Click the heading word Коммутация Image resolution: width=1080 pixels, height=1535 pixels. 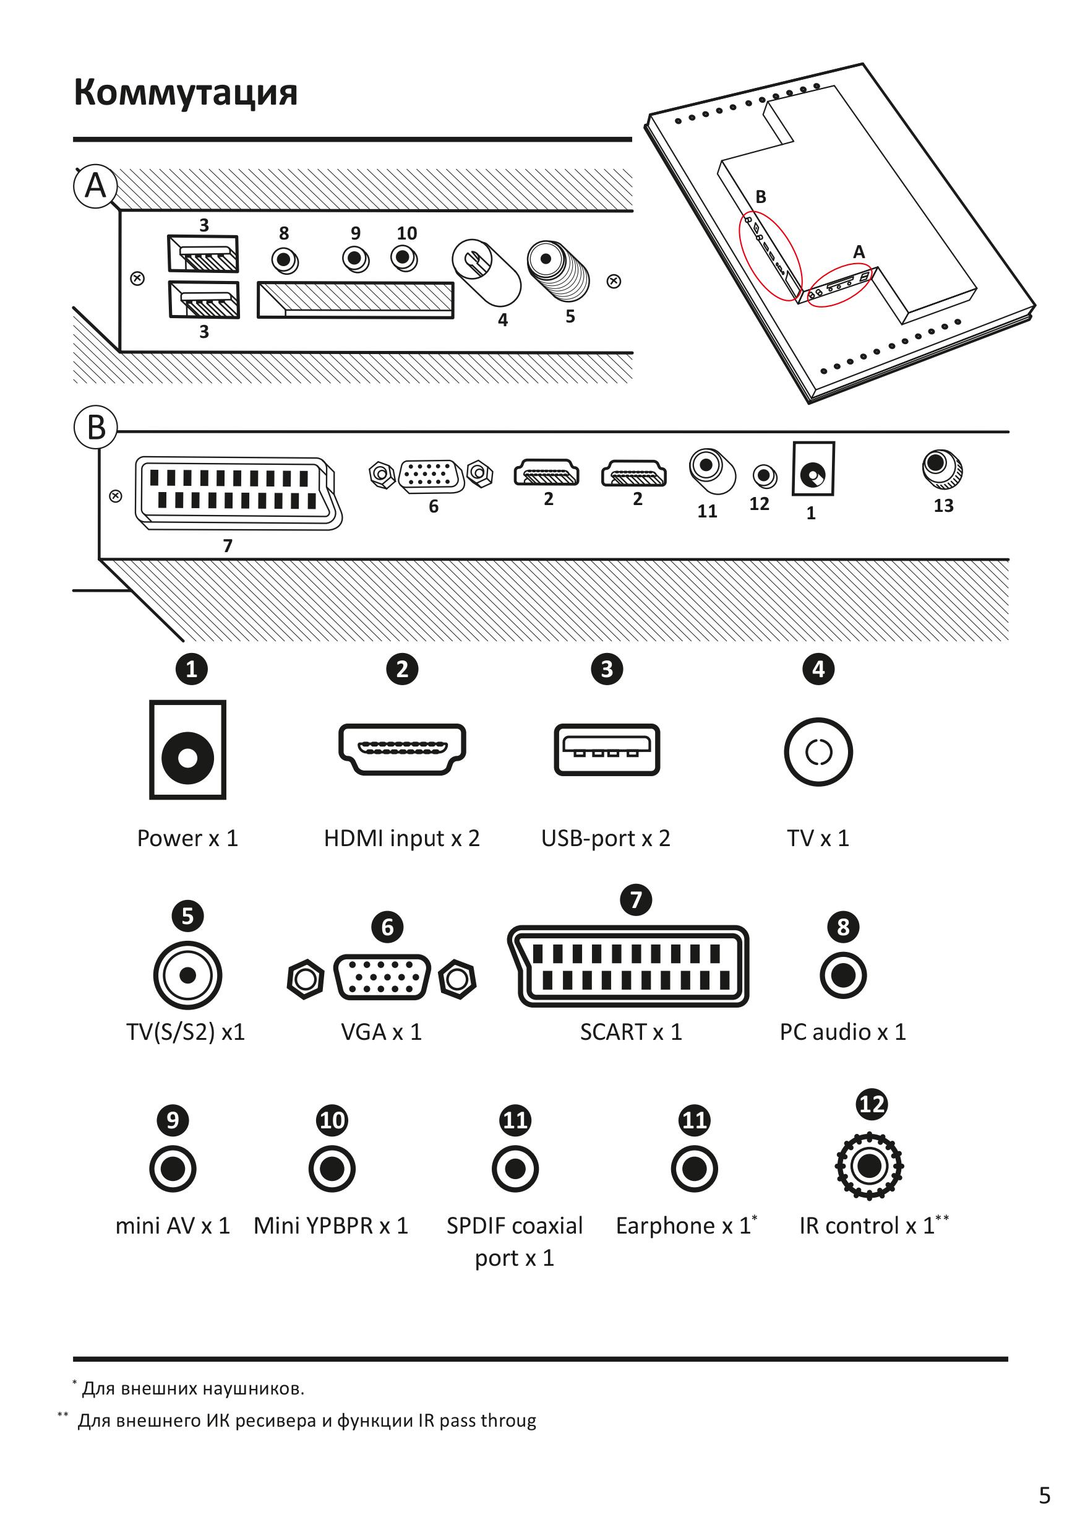tap(185, 92)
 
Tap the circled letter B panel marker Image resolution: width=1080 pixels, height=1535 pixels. tap(96, 426)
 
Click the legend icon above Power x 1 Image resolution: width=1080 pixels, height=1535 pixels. tap(188, 750)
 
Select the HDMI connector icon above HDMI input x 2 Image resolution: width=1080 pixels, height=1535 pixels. tap(402, 750)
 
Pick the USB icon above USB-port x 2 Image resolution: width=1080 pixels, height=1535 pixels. tap(607, 750)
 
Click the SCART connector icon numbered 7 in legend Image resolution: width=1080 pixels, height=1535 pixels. tap(628, 966)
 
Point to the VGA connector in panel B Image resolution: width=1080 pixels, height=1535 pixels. tap(432, 475)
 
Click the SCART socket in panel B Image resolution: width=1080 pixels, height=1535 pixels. tap(238, 493)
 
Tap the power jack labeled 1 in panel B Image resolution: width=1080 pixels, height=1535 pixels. tap(813, 469)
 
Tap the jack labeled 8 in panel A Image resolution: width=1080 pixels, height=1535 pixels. tap(285, 259)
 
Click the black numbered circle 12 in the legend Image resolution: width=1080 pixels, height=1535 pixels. tap(872, 1104)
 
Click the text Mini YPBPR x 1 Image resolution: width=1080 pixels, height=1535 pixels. tap(331, 1226)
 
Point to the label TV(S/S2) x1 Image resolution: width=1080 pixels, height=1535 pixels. tap(186, 1032)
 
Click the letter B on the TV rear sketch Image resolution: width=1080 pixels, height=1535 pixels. tap(761, 197)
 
